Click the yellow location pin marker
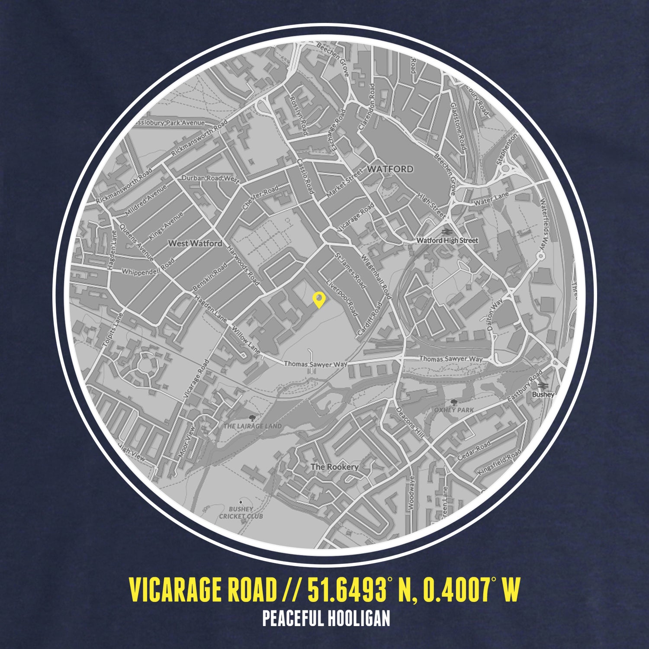coord(319,299)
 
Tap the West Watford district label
coord(195,244)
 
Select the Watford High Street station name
coord(447,240)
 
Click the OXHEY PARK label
coord(454,410)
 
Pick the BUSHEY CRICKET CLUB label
coord(241,513)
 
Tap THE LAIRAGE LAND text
coord(253,426)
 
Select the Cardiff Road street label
coord(369,319)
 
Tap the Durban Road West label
coord(210,178)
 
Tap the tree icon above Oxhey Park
coord(453,402)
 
